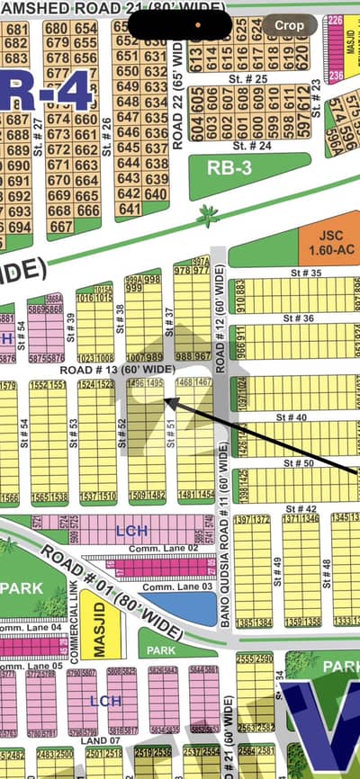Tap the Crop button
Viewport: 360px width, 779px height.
289,25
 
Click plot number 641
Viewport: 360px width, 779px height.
130,209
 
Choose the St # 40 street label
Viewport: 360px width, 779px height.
297,416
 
